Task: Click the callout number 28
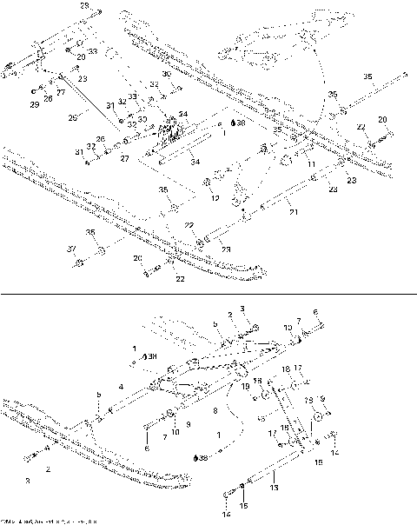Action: (84, 6)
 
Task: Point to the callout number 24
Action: (182, 115)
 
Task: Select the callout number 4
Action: (121, 385)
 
